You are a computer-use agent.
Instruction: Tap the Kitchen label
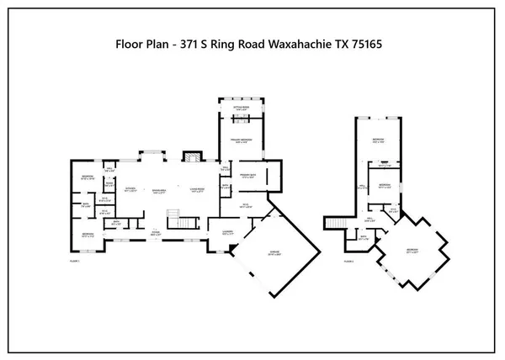click(130, 189)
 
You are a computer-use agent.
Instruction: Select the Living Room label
click(197, 189)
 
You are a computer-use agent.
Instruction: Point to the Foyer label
click(155, 231)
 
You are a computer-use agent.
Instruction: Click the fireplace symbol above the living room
click(192, 159)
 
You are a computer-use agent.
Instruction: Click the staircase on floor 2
click(335, 221)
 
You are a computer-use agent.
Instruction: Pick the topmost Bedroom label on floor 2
click(380, 140)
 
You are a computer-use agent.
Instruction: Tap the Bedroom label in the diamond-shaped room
click(412, 250)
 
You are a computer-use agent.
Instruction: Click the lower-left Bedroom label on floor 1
click(88, 236)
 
